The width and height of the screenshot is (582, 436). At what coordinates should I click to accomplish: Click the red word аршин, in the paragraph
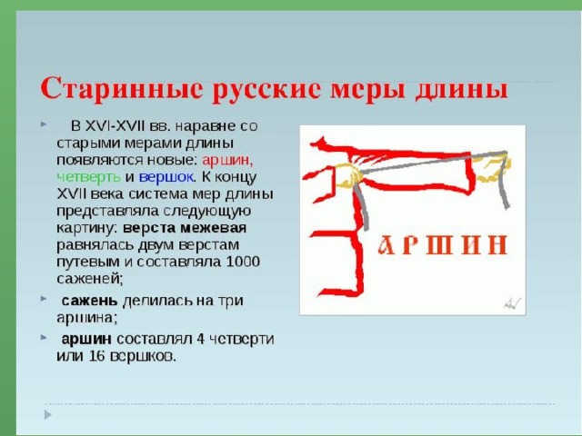228,160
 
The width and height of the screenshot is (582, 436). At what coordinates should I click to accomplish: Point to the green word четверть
89,177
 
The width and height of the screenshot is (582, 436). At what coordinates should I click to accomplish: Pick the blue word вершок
166,177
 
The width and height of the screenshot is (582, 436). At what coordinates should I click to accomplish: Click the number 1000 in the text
243,262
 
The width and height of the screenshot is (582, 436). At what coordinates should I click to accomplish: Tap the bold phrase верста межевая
185,228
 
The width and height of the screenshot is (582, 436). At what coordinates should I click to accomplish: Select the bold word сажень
89,301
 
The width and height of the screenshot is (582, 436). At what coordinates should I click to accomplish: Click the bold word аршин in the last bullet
86,340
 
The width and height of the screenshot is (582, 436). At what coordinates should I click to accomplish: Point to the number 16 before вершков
97,356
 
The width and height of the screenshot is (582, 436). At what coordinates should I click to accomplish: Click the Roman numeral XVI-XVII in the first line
115,126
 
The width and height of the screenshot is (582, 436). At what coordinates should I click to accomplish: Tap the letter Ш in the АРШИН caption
439,245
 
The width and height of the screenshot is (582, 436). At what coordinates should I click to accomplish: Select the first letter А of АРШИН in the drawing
387,245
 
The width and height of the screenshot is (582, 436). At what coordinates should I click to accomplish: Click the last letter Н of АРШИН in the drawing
497,245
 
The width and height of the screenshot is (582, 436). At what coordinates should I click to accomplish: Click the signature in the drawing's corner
512,302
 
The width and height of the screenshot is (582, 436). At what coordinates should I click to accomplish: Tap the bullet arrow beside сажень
44,298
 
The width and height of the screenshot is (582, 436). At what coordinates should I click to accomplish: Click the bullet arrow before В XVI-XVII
44,124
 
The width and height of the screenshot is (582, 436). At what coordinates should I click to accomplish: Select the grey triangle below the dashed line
47,414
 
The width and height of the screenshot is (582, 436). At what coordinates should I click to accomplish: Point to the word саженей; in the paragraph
89,279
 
